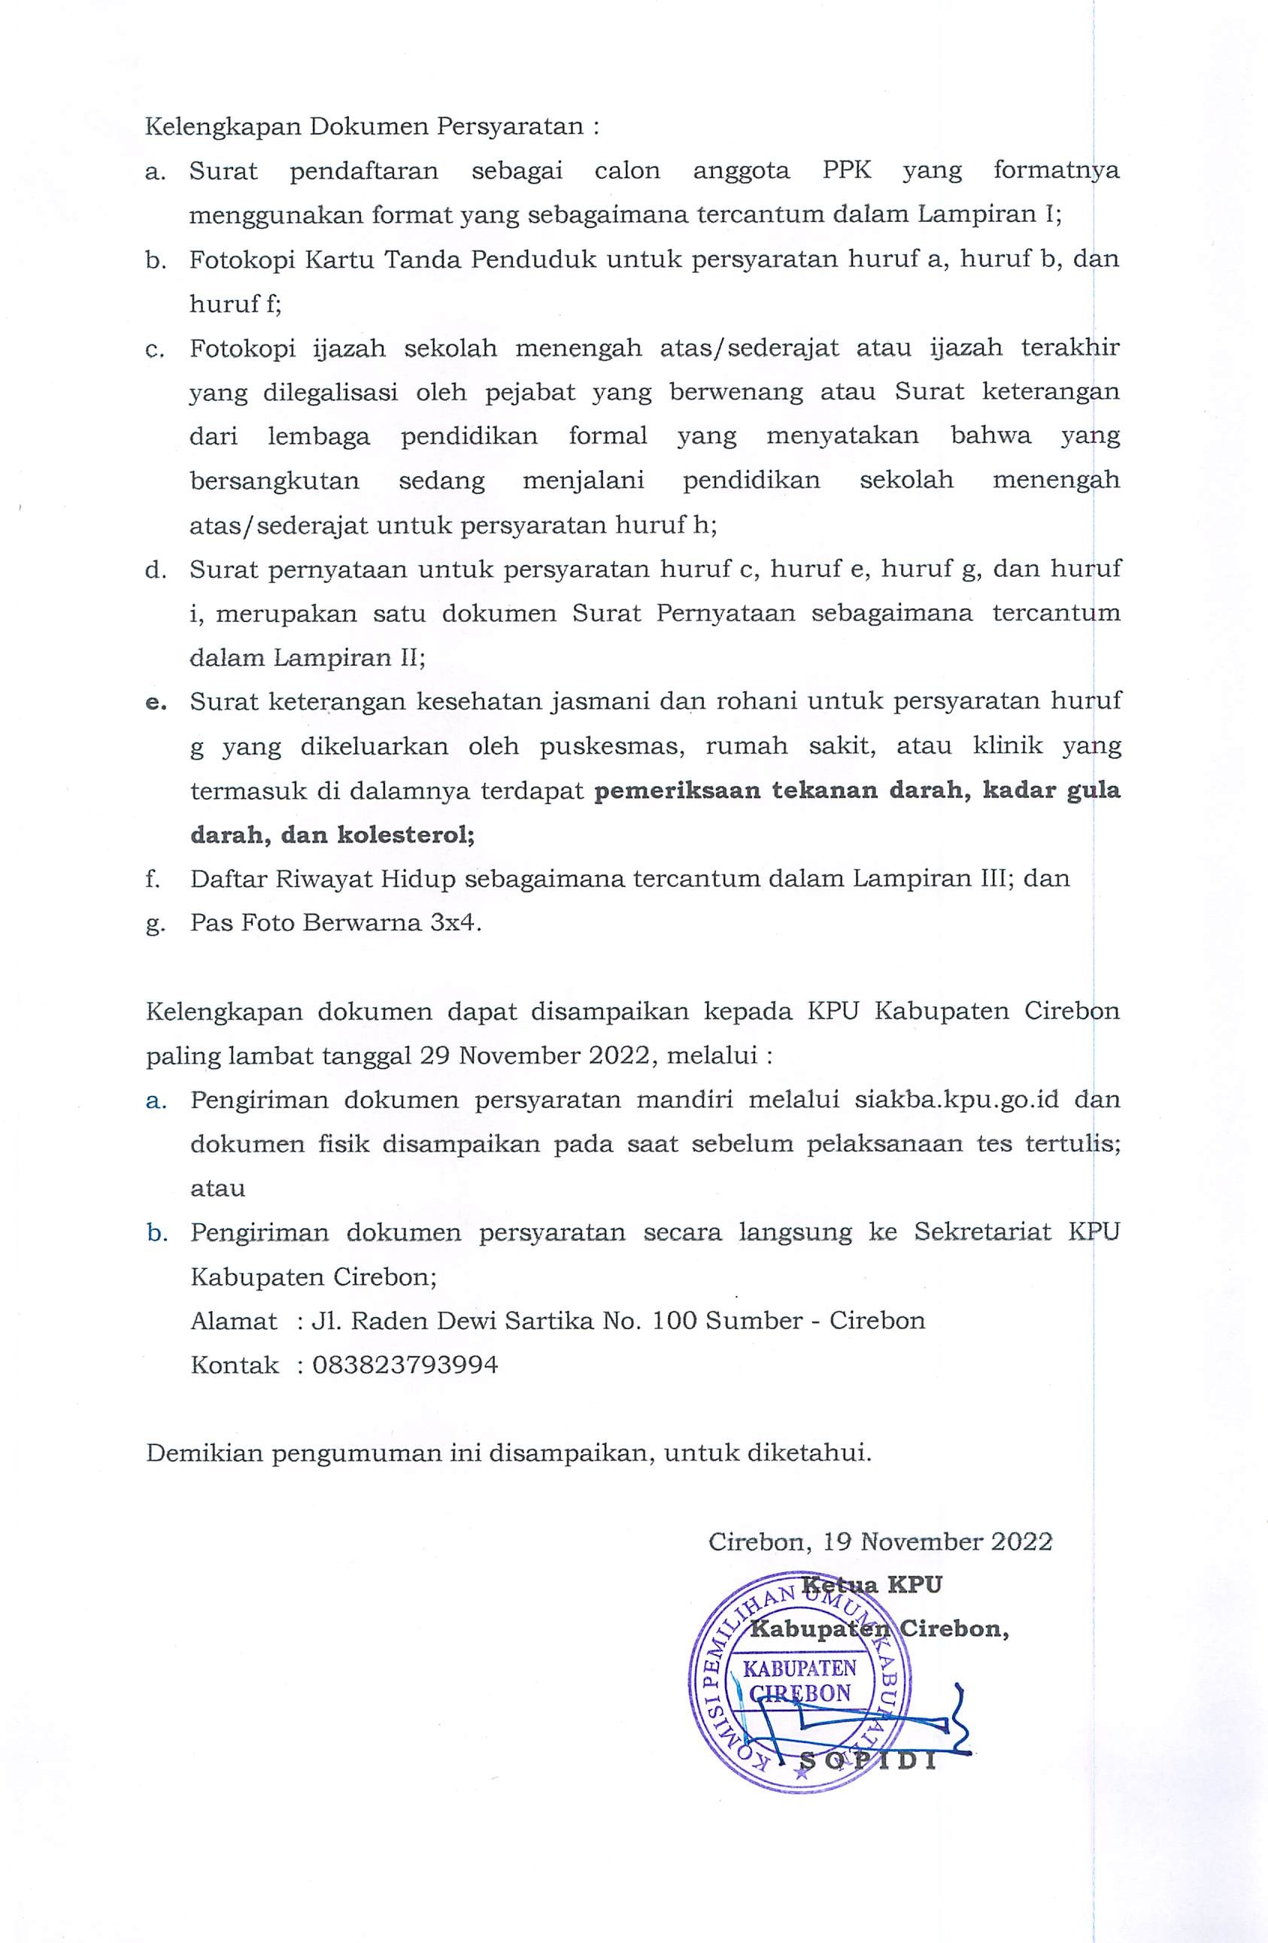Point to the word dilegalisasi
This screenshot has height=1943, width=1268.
click(330, 393)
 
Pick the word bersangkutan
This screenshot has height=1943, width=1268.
click(275, 480)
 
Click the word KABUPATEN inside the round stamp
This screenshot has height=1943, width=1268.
click(799, 1667)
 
